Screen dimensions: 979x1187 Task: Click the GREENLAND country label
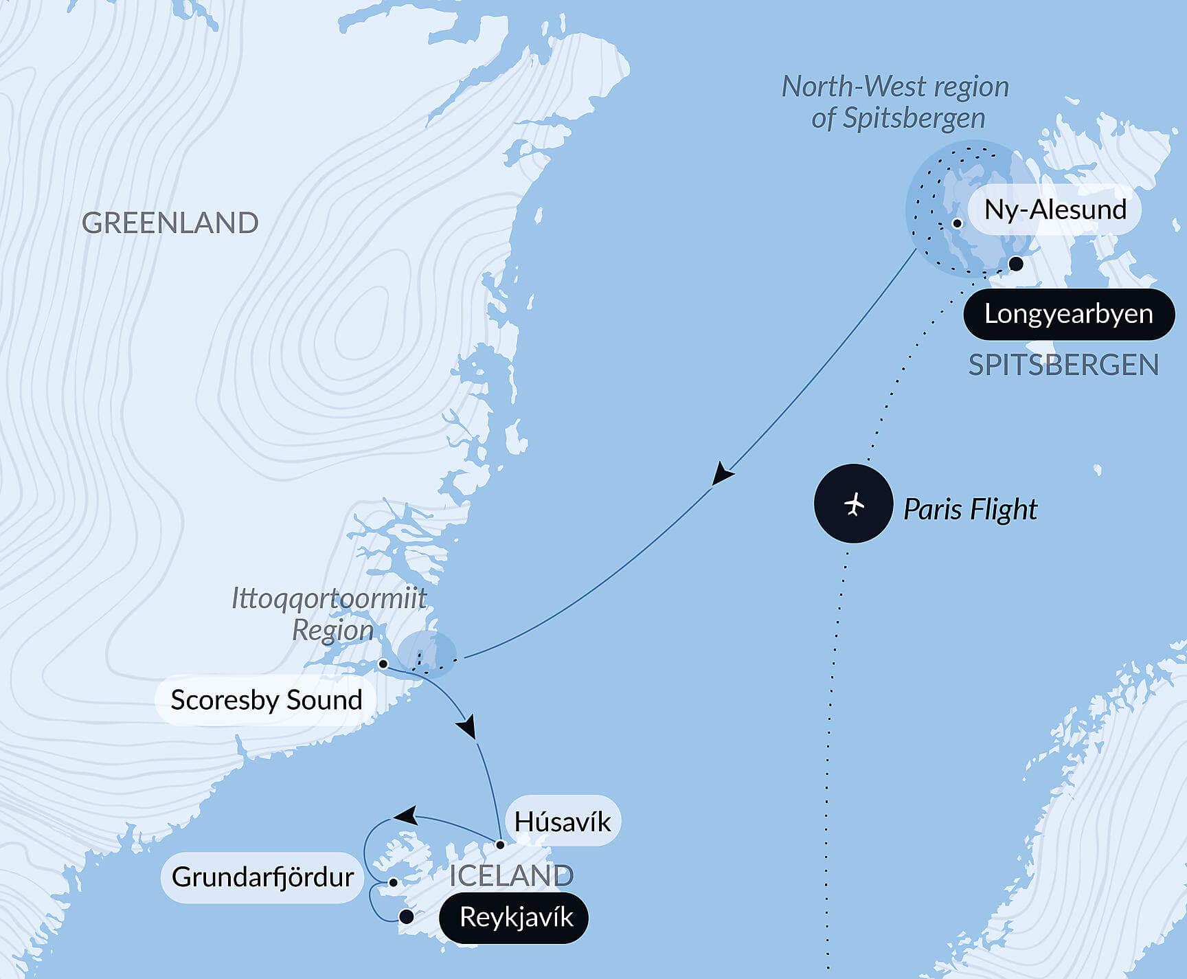[x=170, y=223]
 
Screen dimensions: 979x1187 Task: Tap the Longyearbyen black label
[x=1068, y=314]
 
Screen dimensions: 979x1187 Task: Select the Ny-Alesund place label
[x=1054, y=210]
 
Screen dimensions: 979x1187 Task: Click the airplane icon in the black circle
[x=853, y=504]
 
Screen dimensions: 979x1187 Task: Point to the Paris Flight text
[x=970, y=509]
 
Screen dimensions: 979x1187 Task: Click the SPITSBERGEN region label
[x=1063, y=365]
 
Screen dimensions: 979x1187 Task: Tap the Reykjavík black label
[x=515, y=917]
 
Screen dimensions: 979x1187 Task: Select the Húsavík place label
[x=562, y=822]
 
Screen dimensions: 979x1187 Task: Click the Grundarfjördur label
[x=262, y=877]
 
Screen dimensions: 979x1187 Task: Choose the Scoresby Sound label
[x=266, y=700]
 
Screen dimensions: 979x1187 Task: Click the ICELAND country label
[x=511, y=876]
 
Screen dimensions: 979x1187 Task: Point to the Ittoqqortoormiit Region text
[x=330, y=614]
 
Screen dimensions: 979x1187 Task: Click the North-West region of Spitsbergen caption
[x=896, y=102]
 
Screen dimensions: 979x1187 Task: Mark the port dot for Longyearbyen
[x=1016, y=264]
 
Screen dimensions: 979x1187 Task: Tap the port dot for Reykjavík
[x=406, y=916]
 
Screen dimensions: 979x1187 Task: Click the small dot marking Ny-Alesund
[x=957, y=223]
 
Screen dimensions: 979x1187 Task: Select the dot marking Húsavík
[x=500, y=844]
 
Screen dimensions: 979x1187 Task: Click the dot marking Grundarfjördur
[x=393, y=882]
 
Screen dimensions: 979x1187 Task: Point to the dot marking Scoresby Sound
[x=383, y=664]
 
